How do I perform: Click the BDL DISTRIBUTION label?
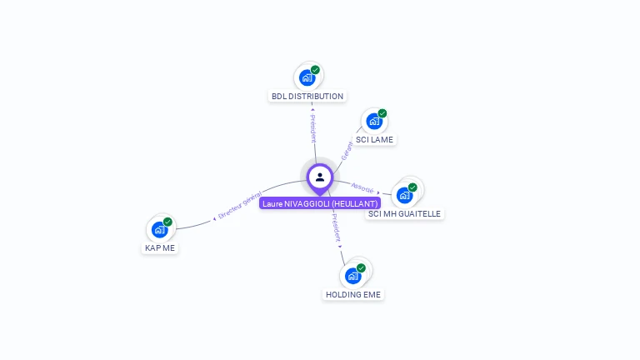point(307,97)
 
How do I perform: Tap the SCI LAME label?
point(374,140)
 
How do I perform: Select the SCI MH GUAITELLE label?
point(405,214)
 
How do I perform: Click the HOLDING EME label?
point(353,295)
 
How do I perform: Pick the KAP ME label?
point(160,248)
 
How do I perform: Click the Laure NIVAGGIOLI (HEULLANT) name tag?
point(320,203)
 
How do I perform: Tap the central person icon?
point(320,177)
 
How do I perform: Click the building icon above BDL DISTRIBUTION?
point(307,78)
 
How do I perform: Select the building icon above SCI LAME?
point(374,122)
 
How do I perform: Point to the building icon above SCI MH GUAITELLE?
point(404,195)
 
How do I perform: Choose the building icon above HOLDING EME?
point(353,276)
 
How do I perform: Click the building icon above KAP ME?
point(159,230)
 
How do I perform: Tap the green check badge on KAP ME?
point(167,222)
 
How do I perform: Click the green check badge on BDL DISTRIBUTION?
point(315,70)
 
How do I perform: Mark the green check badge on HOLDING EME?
point(361,267)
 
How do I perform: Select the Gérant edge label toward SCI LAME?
point(347,150)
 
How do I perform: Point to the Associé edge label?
point(363,188)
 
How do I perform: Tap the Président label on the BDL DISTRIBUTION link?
point(312,128)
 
